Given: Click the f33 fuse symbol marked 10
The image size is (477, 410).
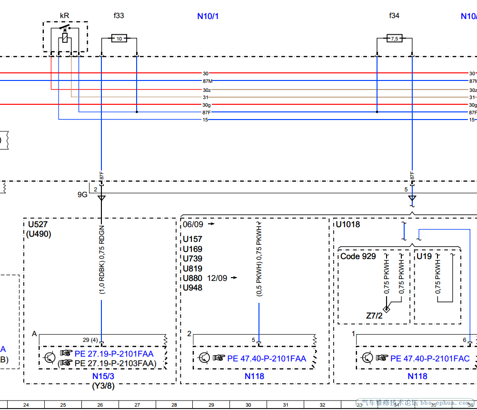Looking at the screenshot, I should [x=119, y=38].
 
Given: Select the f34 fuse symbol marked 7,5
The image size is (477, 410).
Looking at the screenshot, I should [x=394, y=38].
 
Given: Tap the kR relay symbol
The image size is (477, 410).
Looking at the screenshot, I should [x=65, y=36].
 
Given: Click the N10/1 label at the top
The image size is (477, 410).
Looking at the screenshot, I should [x=208, y=16].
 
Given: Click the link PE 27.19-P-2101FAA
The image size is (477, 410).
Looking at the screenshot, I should [x=114, y=354].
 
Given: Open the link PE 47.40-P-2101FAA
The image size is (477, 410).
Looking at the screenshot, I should [x=267, y=359].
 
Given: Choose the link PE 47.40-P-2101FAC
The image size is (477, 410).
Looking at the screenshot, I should [x=429, y=359].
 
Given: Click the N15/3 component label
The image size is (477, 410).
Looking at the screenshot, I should [x=103, y=376].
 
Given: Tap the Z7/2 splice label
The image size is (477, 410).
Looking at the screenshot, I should [x=374, y=315].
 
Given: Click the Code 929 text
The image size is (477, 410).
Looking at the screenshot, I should [x=358, y=256].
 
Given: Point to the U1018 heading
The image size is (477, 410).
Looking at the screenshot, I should [x=348, y=224].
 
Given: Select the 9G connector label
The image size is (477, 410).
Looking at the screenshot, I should [x=82, y=195].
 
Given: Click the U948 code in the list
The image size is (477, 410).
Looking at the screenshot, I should [x=192, y=288].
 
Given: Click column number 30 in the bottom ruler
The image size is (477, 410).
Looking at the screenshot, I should [x=248, y=405].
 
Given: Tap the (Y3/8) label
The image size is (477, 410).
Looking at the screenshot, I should [x=103, y=386].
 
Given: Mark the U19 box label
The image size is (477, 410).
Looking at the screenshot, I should [x=424, y=256].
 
